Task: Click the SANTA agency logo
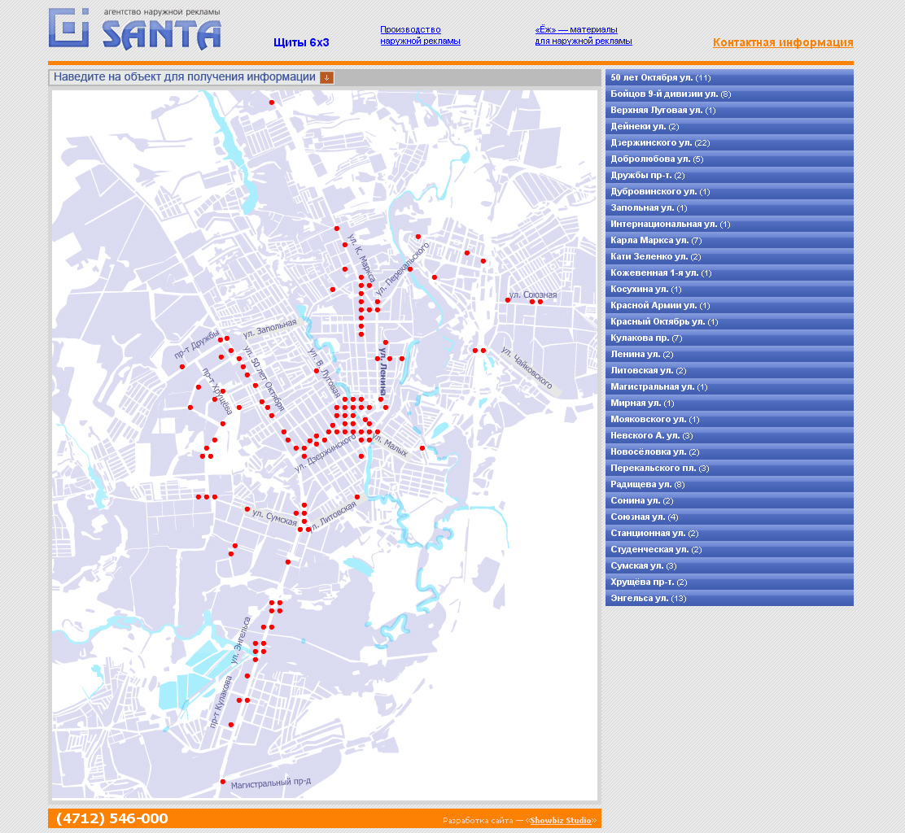click(135, 30)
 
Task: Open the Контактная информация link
click(783, 43)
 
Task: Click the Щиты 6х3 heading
click(301, 42)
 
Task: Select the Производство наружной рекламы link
click(420, 35)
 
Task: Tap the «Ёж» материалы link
click(583, 35)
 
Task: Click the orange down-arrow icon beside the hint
click(326, 77)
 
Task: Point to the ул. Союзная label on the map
click(533, 294)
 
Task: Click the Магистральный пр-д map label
click(270, 783)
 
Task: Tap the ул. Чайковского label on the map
click(527, 369)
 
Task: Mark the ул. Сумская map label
click(274, 517)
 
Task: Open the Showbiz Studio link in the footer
click(561, 820)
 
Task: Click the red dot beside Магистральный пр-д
click(223, 782)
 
